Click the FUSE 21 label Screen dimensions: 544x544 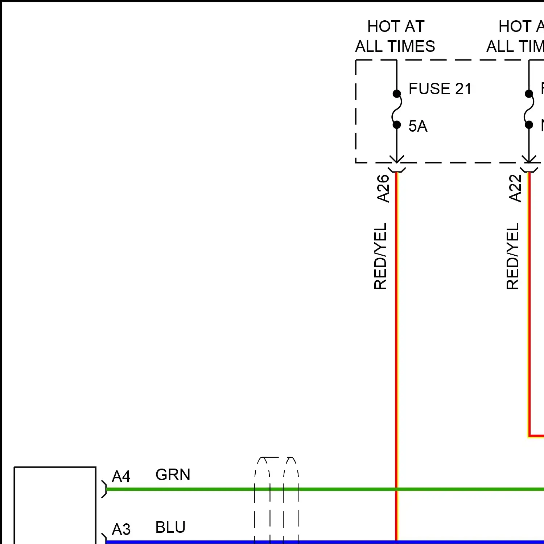pyautogui.click(x=440, y=89)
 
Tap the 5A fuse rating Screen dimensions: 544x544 pyautogui.click(x=418, y=126)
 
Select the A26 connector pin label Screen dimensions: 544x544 pyautogui.click(x=383, y=188)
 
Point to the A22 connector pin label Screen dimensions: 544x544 pyautogui.click(x=515, y=188)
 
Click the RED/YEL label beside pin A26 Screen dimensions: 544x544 pyautogui.click(x=380, y=256)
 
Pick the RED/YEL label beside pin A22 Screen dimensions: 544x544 pyautogui.click(x=513, y=256)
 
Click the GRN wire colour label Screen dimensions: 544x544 pyautogui.click(x=173, y=475)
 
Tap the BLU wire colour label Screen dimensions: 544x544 pyautogui.click(x=170, y=527)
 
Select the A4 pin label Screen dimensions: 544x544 pyautogui.click(x=121, y=477)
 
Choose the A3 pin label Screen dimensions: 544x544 pyautogui.click(x=121, y=529)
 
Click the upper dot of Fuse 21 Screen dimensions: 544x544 pyautogui.click(x=397, y=94)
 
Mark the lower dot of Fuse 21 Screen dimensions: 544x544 pyautogui.click(x=397, y=125)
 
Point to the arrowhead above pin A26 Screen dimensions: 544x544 pyautogui.click(x=397, y=160)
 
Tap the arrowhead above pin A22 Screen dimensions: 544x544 pyautogui.click(x=529, y=160)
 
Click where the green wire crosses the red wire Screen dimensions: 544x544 pyautogui.click(x=396, y=489)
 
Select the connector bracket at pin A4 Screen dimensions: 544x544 pyautogui.click(x=104, y=489)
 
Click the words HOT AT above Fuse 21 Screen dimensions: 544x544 pyautogui.click(x=396, y=26)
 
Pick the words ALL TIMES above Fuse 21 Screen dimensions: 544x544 pyautogui.click(x=395, y=46)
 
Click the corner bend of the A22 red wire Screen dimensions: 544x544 pyautogui.click(x=529, y=435)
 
